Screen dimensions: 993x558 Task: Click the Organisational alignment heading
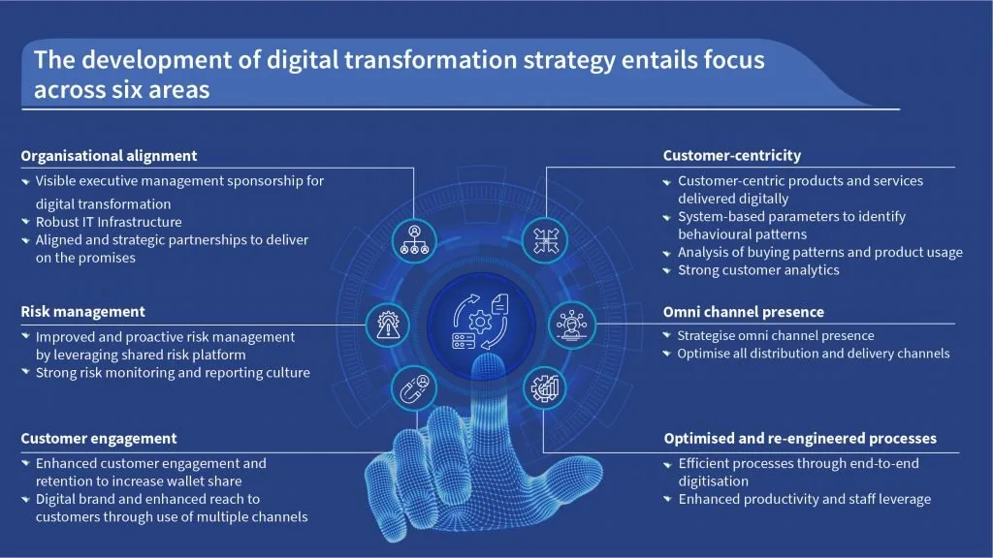coord(109,156)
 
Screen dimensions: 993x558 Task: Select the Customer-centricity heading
coord(731,156)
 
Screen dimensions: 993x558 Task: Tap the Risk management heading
coord(83,311)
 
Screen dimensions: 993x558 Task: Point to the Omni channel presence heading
coord(744,312)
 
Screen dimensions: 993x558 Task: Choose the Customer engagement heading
coord(99,439)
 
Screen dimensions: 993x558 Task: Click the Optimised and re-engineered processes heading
coord(800,439)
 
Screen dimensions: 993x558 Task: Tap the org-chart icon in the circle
coord(414,241)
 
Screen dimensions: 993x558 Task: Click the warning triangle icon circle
coord(388,325)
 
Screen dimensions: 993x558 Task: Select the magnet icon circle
coord(414,387)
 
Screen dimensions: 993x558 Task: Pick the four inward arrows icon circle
coord(545,241)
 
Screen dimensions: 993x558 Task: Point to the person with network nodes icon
coord(572,325)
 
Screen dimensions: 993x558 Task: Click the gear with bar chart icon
coord(545,387)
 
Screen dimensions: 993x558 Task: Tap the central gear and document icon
coord(480,322)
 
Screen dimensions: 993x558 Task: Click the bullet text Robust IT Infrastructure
coord(109,222)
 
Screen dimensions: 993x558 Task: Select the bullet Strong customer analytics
coord(758,270)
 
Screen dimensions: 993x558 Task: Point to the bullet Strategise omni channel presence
coord(776,335)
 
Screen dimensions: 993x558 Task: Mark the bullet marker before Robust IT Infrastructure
coord(25,222)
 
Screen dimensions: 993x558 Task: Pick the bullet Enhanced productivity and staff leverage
coord(804,499)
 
